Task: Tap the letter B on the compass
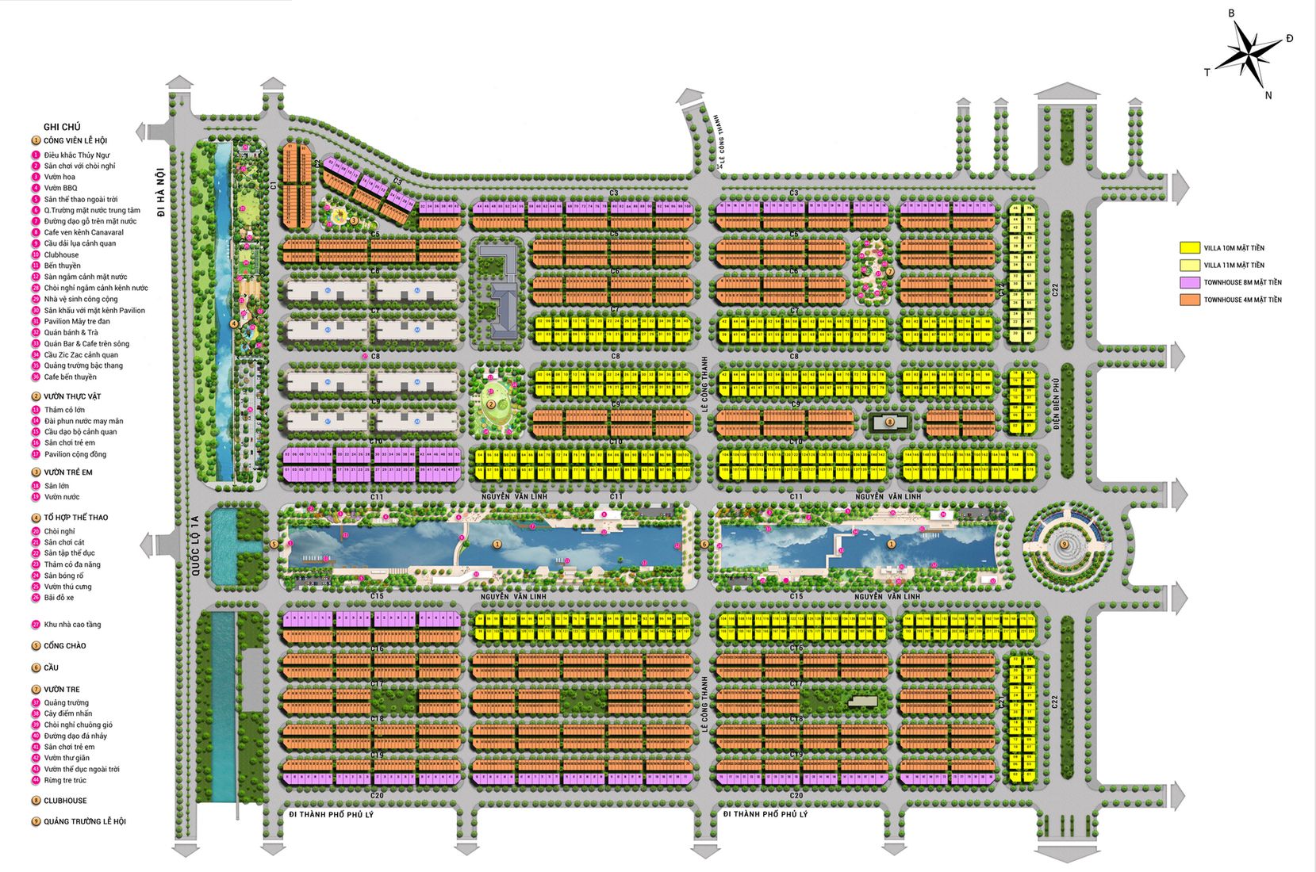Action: [x=1232, y=13]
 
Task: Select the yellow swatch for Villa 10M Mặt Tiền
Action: [x=1189, y=248]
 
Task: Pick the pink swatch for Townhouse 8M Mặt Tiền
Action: [x=1189, y=282]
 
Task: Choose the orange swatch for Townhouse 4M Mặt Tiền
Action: [x=1189, y=300]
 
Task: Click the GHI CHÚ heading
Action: [x=62, y=127]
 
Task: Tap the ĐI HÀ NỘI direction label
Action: [x=160, y=191]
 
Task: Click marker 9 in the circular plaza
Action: [x=1064, y=544]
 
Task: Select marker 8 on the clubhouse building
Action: [x=890, y=423]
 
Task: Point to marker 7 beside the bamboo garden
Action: [x=890, y=272]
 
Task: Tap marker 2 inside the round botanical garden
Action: [x=491, y=404]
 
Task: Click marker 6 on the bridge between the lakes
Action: [x=704, y=544]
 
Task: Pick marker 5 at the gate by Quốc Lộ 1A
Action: [x=274, y=544]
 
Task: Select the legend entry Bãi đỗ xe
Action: [x=59, y=598]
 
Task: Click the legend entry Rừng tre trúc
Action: [x=65, y=780]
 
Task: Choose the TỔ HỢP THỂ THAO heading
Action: [x=75, y=518]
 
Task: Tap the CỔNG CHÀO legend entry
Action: [x=64, y=646]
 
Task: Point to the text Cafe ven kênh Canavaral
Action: [x=83, y=232]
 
